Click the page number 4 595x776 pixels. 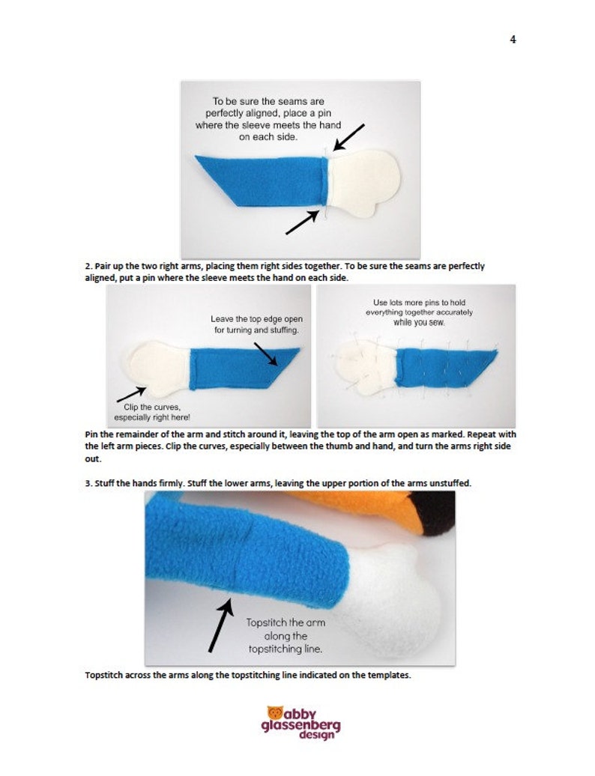(x=513, y=39)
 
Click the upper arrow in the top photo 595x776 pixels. (x=349, y=137)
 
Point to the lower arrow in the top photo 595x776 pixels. (x=302, y=222)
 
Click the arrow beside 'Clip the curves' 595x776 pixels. (x=131, y=395)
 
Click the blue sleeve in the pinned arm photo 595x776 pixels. (x=446, y=367)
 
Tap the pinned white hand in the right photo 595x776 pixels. (x=365, y=367)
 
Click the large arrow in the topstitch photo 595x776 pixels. (x=221, y=625)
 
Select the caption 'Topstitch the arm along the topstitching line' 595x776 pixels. (x=286, y=636)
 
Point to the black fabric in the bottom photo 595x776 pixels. (x=435, y=512)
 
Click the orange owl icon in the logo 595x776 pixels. (x=275, y=712)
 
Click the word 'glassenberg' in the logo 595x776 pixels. (x=300, y=726)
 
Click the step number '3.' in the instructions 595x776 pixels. (x=88, y=483)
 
